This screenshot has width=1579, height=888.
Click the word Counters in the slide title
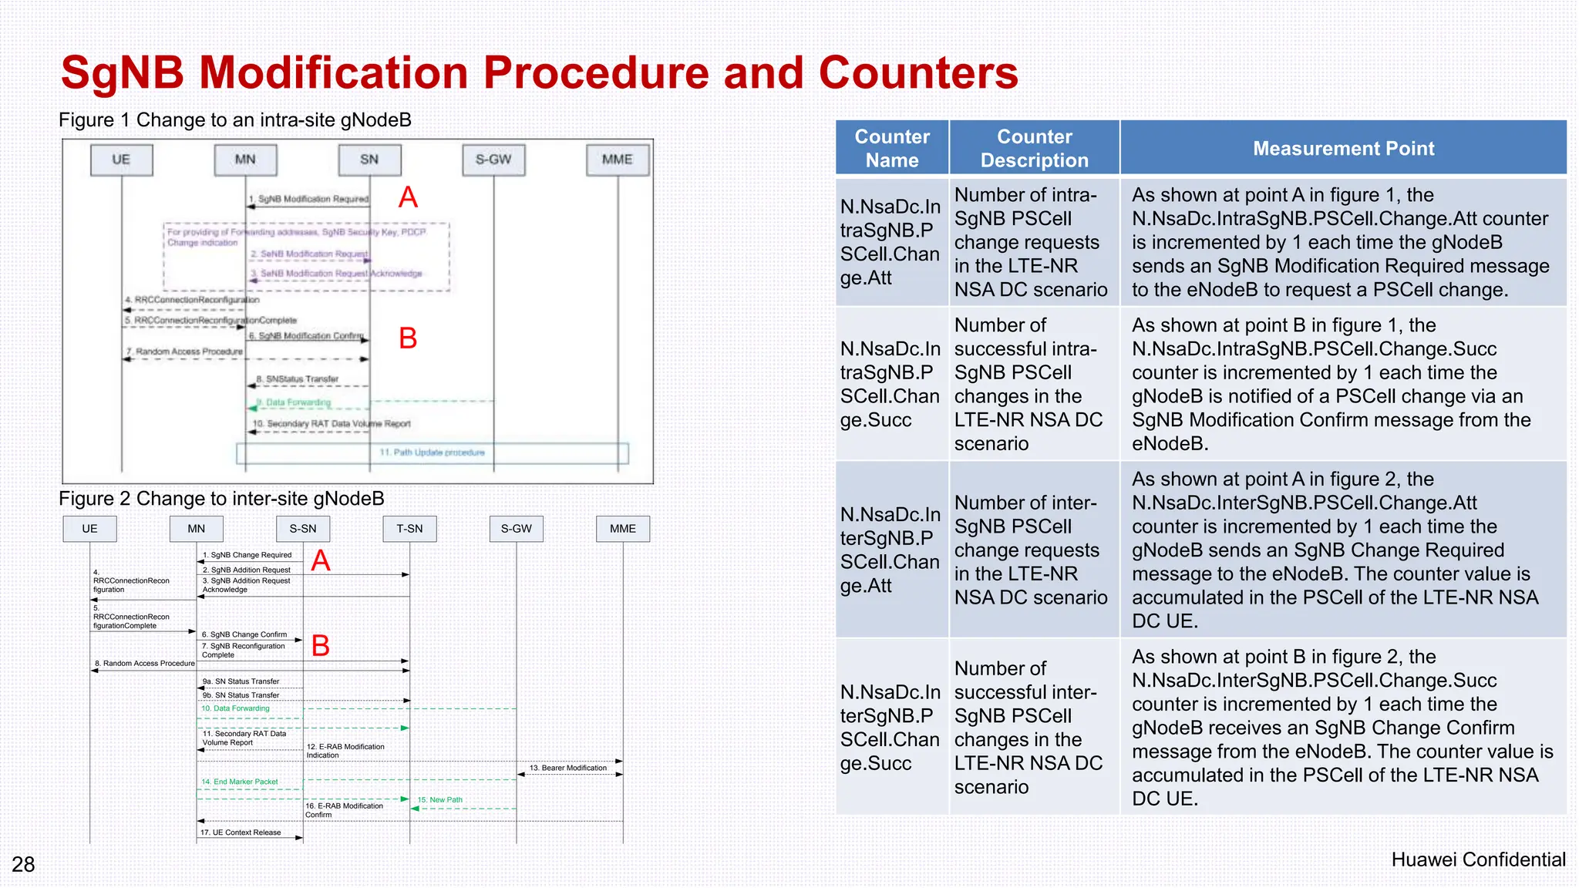click(x=917, y=73)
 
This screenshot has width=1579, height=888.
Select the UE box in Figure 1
click(x=121, y=160)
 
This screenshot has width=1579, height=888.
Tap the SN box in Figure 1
click(x=369, y=160)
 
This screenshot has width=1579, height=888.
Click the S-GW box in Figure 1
click(x=493, y=160)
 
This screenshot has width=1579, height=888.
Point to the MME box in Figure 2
click(x=623, y=529)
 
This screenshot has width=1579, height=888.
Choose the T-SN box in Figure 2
click(x=409, y=529)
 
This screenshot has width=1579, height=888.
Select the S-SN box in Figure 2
click(x=303, y=529)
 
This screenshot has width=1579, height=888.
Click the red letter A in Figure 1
click(x=408, y=197)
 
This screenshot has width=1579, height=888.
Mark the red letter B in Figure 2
click(x=321, y=645)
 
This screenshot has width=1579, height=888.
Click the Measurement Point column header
click(x=1343, y=148)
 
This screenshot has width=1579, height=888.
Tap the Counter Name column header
click(x=892, y=148)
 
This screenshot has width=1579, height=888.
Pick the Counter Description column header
click(x=1034, y=148)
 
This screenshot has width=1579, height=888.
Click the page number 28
click(x=23, y=864)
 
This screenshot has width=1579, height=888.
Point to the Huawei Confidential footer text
click(x=1478, y=859)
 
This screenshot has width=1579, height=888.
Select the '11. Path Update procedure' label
click(x=432, y=452)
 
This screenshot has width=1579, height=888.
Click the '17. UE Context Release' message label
click(x=241, y=832)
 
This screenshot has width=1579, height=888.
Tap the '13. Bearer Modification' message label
click(x=568, y=768)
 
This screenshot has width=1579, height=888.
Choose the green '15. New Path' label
click(x=440, y=800)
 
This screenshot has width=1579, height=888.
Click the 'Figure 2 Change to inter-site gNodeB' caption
click(x=221, y=499)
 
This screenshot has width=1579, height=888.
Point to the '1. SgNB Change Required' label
click(x=247, y=555)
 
